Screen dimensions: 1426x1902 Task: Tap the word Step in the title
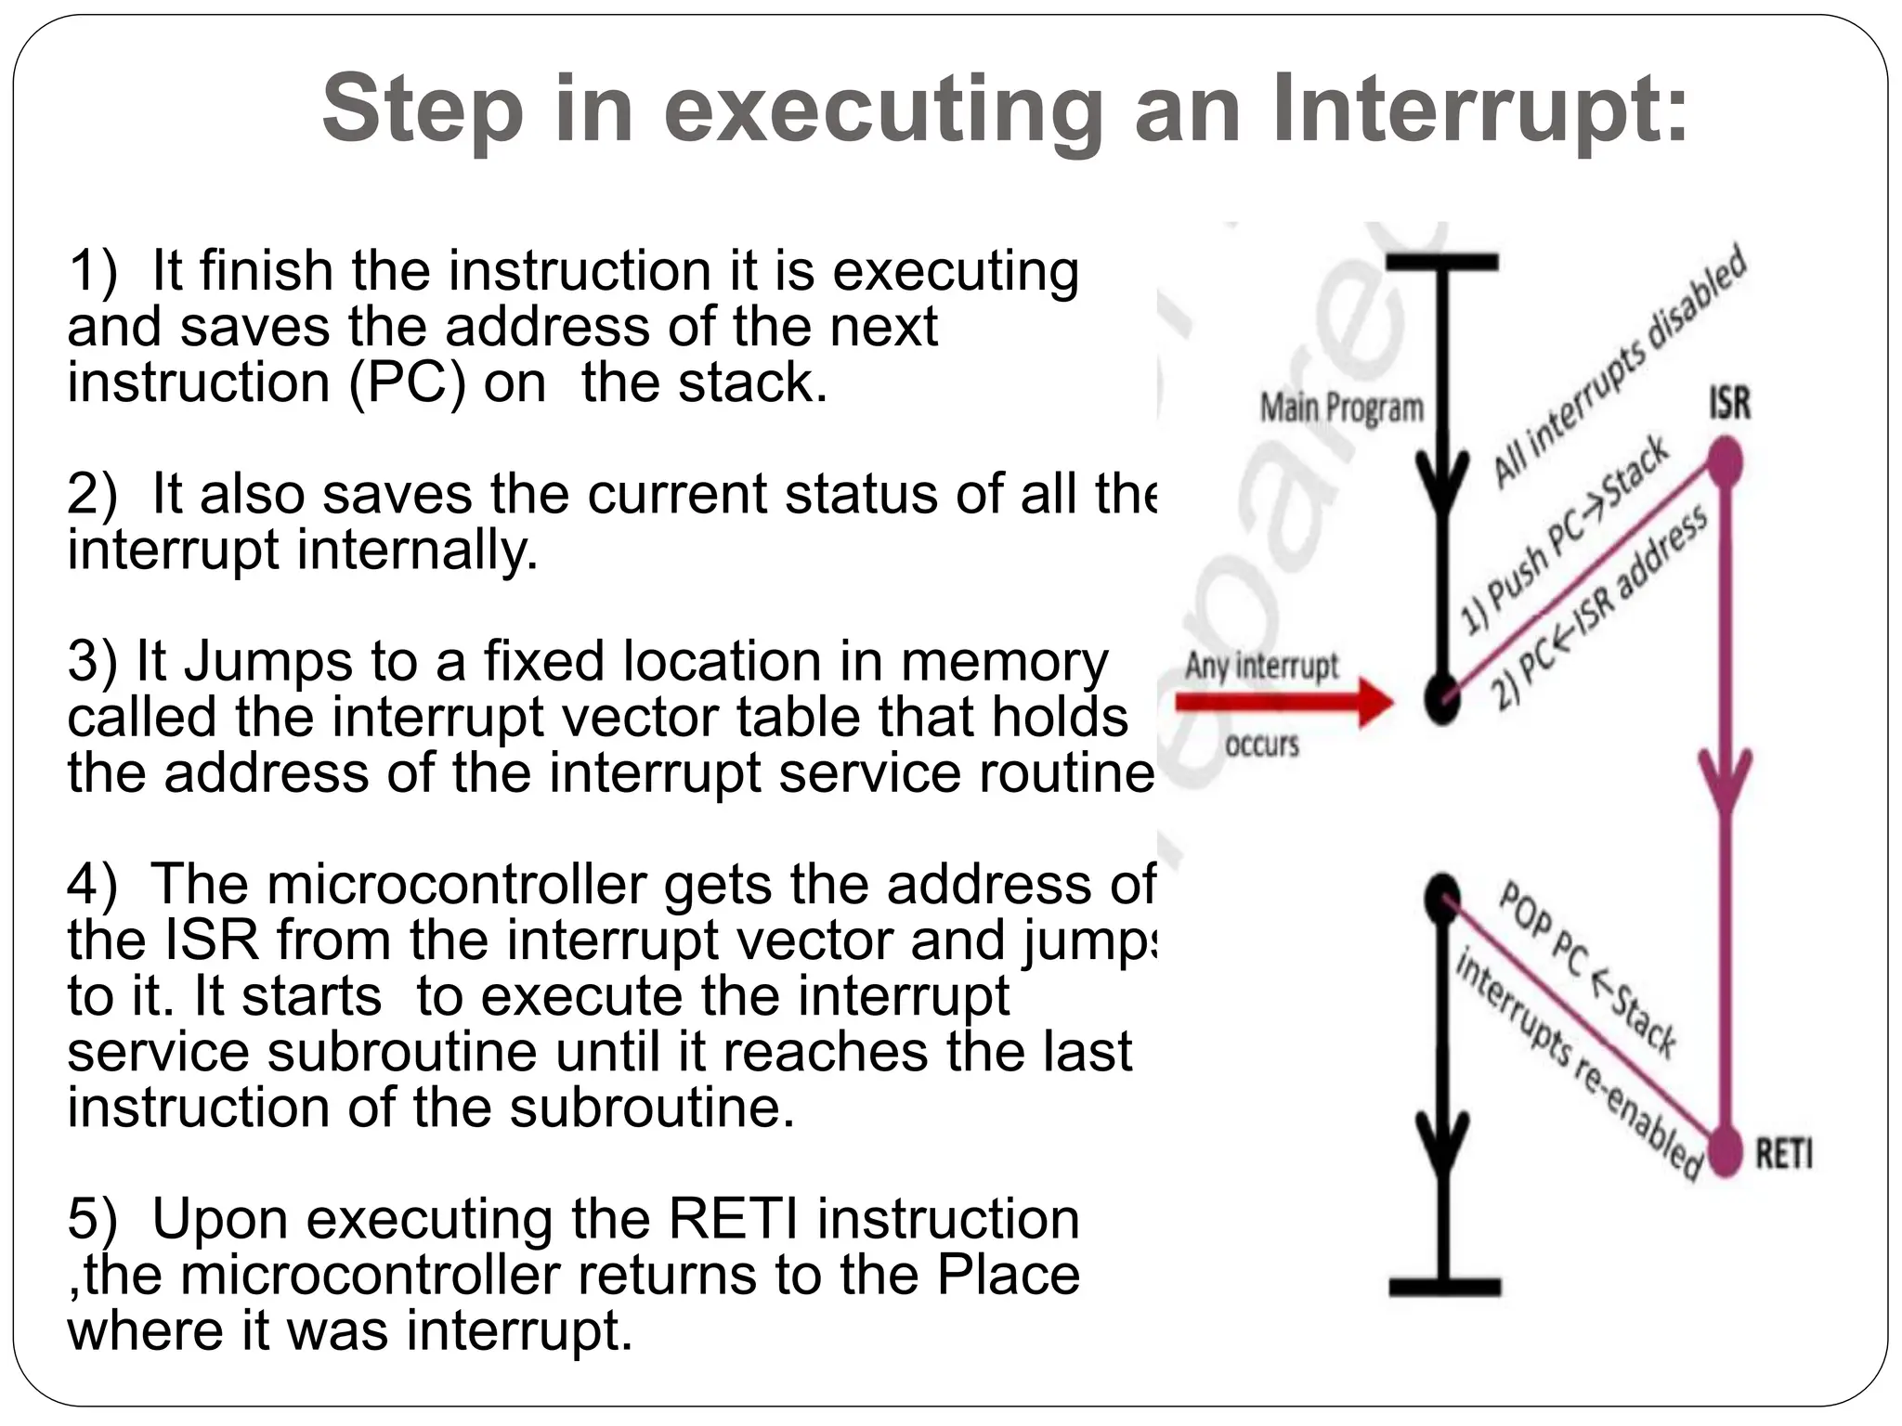click(x=423, y=111)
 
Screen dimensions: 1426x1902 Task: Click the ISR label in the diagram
click(x=1729, y=404)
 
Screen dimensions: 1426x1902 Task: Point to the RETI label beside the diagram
click(x=1783, y=1155)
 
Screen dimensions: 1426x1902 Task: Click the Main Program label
click(x=1341, y=408)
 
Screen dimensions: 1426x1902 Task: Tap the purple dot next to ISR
click(x=1726, y=462)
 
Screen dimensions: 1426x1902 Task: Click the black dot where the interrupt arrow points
click(x=1442, y=699)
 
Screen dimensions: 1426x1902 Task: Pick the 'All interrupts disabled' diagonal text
click(x=1620, y=366)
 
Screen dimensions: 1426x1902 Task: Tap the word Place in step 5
click(x=1008, y=1275)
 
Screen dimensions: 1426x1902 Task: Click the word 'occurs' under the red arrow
click(x=1262, y=745)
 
